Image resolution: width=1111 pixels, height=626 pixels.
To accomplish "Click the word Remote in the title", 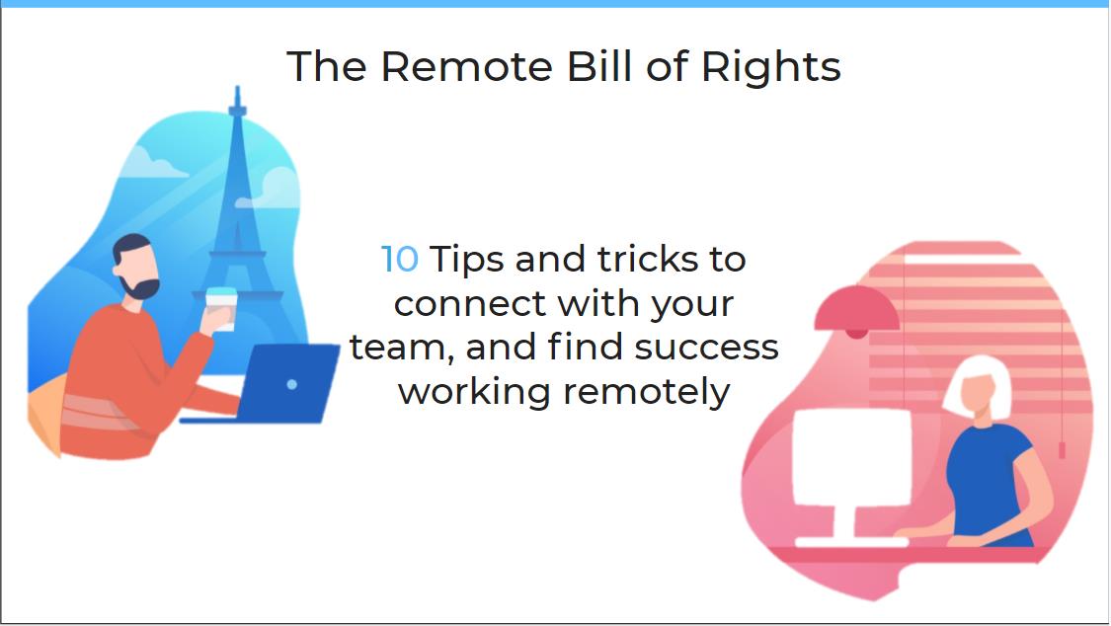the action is (x=467, y=66).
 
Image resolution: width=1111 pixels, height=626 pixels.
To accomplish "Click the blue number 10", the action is (x=400, y=259).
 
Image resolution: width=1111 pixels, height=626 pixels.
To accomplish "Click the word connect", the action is (x=470, y=304).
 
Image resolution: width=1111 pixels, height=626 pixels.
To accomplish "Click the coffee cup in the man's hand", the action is (x=221, y=308).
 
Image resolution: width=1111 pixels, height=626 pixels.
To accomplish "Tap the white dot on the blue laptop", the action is (x=292, y=384).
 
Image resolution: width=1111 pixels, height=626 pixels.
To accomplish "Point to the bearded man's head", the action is (x=134, y=267).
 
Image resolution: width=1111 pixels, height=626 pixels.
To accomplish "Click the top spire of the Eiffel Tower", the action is (x=237, y=99).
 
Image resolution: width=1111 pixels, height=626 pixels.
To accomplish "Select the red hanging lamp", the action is (x=856, y=310).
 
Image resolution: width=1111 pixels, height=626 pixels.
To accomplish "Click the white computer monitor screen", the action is (x=851, y=457).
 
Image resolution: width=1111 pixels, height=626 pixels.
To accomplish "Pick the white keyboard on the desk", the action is (x=851, y=542).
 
